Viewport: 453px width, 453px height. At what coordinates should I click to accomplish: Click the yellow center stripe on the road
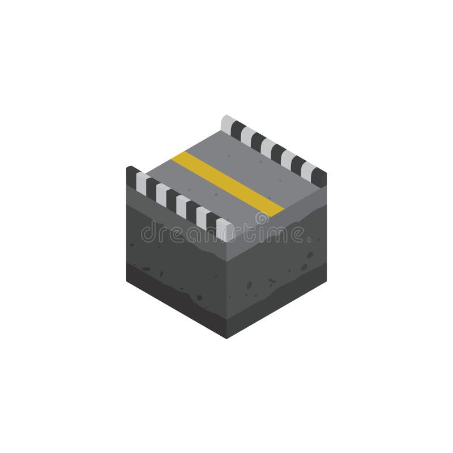[228, 183]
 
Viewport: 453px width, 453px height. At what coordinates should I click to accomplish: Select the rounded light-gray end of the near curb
[224, 229]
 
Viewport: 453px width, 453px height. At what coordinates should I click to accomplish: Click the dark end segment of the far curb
[319, 177]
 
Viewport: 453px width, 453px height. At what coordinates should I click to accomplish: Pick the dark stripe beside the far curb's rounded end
[238, 129]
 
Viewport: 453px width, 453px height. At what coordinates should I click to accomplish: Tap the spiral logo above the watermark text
[262, 219]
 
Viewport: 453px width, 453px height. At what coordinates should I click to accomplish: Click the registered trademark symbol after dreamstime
[309, 240]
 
